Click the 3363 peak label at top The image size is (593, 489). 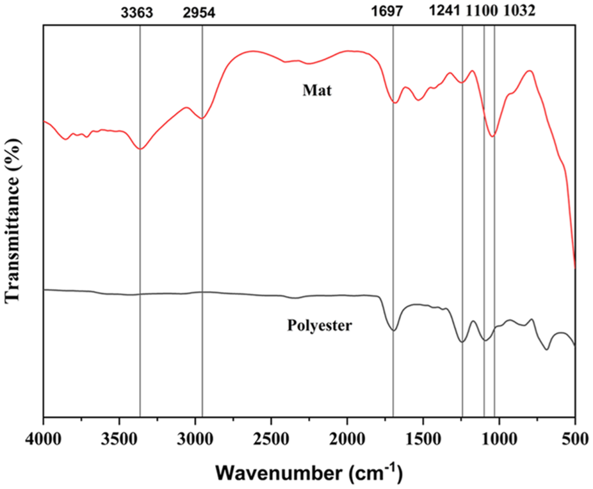[x=139, y=12]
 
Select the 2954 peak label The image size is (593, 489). [x=202, y=12]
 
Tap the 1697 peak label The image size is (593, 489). [x=393, y=12]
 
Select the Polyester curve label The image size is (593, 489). [x=320, y=326]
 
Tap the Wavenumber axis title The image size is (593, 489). [x=309, y=473]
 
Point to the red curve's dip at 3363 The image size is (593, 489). [x=140, y=149]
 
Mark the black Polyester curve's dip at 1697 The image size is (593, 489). [x=393, y=330]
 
